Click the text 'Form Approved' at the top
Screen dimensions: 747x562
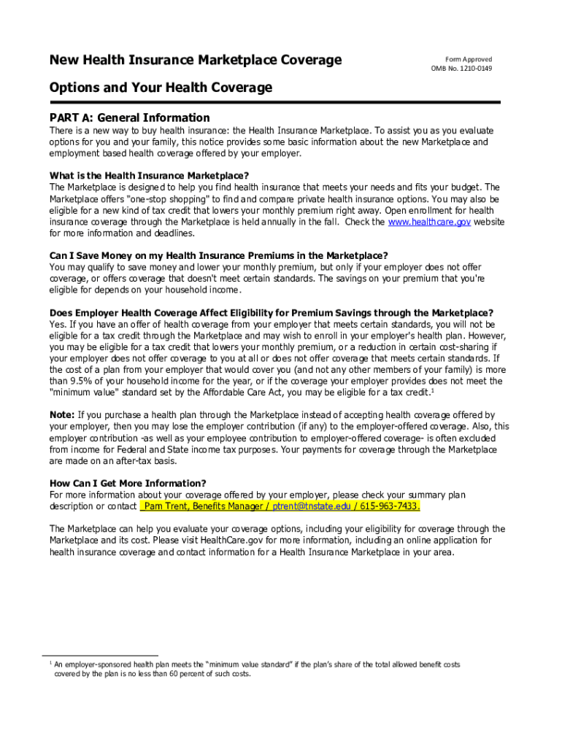coord(469,59)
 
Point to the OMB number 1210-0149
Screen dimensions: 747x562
coord(461,69)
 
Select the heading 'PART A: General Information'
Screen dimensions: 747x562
coord(129,117)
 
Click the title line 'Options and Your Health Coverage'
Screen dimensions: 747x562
coord(161,88)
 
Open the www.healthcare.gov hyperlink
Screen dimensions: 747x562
coord(428,222)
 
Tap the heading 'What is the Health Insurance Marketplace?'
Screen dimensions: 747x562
coord(149,176)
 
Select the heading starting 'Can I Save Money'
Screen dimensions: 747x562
coord(218,255)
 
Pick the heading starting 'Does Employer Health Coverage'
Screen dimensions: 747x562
coord(271,312)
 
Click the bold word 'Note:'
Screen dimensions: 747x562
coord(62,414)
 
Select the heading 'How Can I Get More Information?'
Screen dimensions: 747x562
coord(128,483)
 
